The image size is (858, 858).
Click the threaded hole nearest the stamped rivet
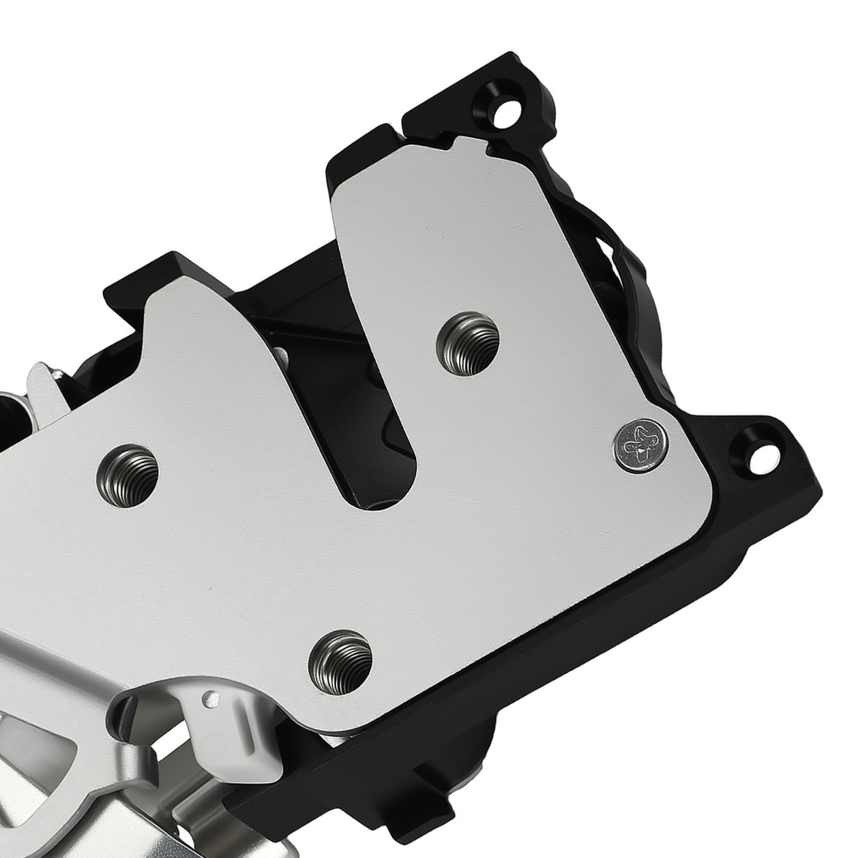pos(468,343)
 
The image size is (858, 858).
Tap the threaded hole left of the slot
pos(128,474)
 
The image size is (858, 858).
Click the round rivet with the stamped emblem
pos(641,445)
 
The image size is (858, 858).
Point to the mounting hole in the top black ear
pos(509,111)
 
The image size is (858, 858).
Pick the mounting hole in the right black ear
pos(760,458)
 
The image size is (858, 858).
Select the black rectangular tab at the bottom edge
pos(433,802)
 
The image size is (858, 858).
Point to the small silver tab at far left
pos(43,386)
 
